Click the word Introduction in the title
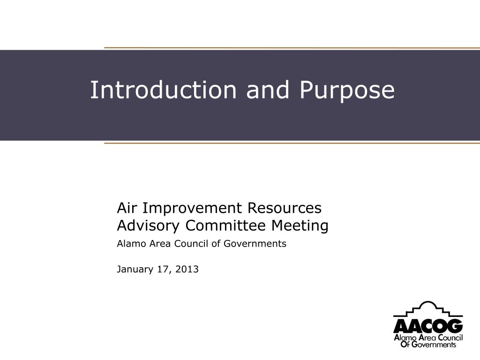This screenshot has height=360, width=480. [164, 90]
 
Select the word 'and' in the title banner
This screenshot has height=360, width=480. [268, 90]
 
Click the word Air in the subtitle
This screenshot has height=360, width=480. [127, 208]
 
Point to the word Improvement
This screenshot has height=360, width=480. [192, 209]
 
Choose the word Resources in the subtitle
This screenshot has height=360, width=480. [285, 208]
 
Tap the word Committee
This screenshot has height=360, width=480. [225, 225]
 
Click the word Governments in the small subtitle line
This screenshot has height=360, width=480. [255, 244]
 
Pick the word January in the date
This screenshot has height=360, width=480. [135, 270]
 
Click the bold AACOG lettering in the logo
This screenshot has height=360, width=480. [428, 326]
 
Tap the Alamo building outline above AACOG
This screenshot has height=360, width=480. [428, 309]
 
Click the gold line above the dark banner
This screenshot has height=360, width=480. [292, 48]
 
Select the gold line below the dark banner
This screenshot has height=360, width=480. [292, 143]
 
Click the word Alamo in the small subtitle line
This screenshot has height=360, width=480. [132, 244]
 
